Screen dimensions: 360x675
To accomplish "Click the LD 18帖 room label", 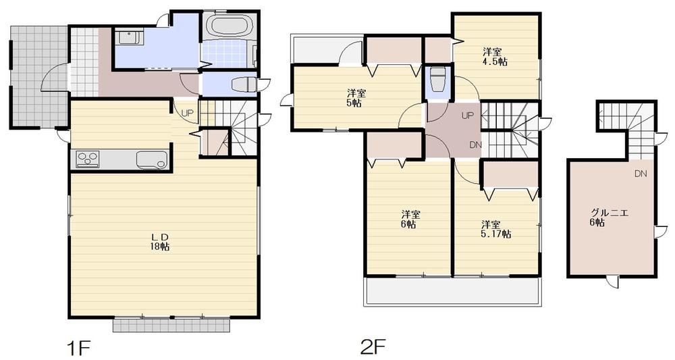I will [x=159, y=241].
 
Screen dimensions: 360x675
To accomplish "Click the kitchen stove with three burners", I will [x=88, y=159].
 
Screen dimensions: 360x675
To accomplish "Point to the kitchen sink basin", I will [x=151, y=159].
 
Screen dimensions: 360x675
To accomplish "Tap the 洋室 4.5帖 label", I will [x=495, y=56].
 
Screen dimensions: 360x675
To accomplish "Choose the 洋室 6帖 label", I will [x=409, y=220].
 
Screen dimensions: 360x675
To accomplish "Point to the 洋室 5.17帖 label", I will [x=495, y=229].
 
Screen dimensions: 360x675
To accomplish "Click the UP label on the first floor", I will [x=186, y=112].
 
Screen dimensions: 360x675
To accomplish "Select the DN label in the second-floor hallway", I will [x=475, y=145].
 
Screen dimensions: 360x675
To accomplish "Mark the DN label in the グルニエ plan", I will [x=640, y=174].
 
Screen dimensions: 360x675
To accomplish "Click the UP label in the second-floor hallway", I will [x=467, y=115].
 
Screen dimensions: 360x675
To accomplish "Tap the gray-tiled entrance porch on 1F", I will [x=37, y=74].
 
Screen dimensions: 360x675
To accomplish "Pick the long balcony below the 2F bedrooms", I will [x=452, y=291].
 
